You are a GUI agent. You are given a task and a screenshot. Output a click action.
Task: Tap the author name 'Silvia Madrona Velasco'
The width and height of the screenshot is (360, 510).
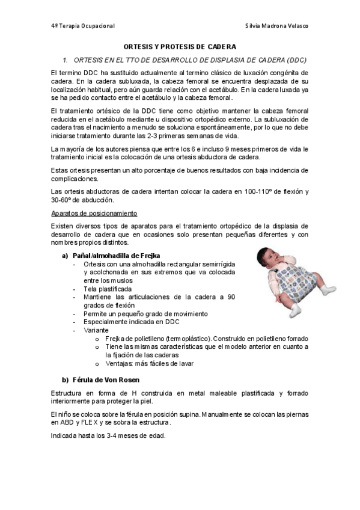click(x=278, y=26)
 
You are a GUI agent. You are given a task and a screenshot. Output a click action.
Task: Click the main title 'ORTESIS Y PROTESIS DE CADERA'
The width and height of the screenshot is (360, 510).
click(x=180, y=46)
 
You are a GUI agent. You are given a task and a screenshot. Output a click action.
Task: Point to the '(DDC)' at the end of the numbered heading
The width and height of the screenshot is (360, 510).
click(x=296, y=61)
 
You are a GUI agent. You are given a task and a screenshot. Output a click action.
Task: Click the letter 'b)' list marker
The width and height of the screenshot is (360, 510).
click(x=66, y=379)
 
